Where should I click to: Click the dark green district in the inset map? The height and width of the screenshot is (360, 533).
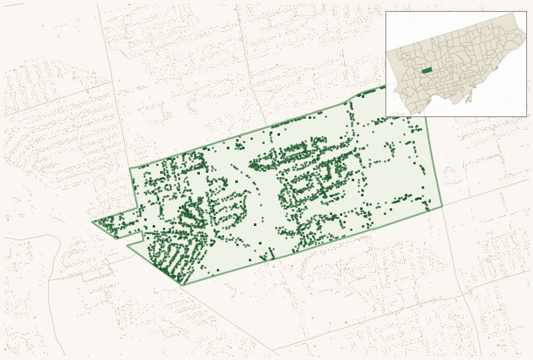427,71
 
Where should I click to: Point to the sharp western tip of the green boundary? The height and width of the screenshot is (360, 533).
93,223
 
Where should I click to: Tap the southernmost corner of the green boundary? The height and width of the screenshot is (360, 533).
183,285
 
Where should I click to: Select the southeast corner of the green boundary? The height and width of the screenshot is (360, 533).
442,207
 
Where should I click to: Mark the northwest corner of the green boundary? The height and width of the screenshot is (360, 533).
130,169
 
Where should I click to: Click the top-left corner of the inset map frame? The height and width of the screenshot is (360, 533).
386,12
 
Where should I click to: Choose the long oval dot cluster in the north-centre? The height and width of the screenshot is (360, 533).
287,155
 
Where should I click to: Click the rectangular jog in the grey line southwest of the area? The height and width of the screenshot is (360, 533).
97,274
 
